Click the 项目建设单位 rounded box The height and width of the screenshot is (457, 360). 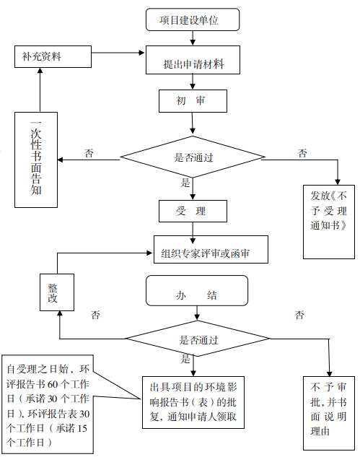[x=193, y=19]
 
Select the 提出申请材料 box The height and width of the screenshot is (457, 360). [x=193, y=60]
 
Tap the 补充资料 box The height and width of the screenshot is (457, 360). [x=53, y=56]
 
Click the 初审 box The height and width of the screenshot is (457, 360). [x=193, y=101]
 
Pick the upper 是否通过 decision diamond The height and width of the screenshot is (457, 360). [x=193, y=157]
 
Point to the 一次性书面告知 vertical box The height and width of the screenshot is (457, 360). [x=36, y=160]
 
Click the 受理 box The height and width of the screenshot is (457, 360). [x=193, y=211]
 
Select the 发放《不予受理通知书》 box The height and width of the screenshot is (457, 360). [x=329, y=222]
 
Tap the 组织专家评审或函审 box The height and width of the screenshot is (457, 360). [x=211, y=250]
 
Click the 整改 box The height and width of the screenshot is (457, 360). [x=57, y=292]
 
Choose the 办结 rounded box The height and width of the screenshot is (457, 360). [x=197, y=290]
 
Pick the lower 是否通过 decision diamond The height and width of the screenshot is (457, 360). [x=198, y=339]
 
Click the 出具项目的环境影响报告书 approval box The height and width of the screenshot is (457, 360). [x=193, y=402]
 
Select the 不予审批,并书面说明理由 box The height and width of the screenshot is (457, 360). [x=329, y=413]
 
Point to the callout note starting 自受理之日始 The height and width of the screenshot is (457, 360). [x=48, y=404]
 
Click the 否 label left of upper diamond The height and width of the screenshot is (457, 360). [x=89, y=153]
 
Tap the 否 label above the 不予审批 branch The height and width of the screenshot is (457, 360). [x=299, y=315]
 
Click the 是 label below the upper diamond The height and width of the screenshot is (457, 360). [x=185, y=183]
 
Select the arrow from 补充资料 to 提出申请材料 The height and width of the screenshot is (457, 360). [x=118, y=53]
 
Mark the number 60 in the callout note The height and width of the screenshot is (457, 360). [x=53, y=384]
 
